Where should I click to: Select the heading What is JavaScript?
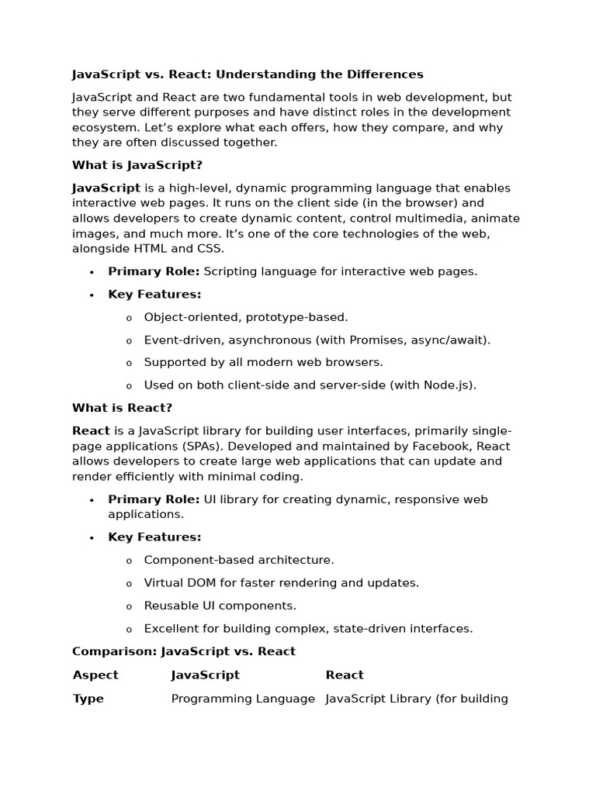coord(137,165)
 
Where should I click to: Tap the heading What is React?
coord(122,408)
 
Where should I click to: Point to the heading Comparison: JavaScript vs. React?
coord(184,651)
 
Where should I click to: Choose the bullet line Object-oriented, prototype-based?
coord(246,317)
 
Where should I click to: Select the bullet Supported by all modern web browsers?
coord(263,362)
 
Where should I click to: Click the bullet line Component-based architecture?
coord(239,560)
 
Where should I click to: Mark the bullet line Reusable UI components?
coord(220,606)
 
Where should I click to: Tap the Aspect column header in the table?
coord(95,675)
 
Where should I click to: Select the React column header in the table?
coord(345,675)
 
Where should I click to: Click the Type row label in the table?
coord(88,699)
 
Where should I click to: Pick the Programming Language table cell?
coord(243,699)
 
